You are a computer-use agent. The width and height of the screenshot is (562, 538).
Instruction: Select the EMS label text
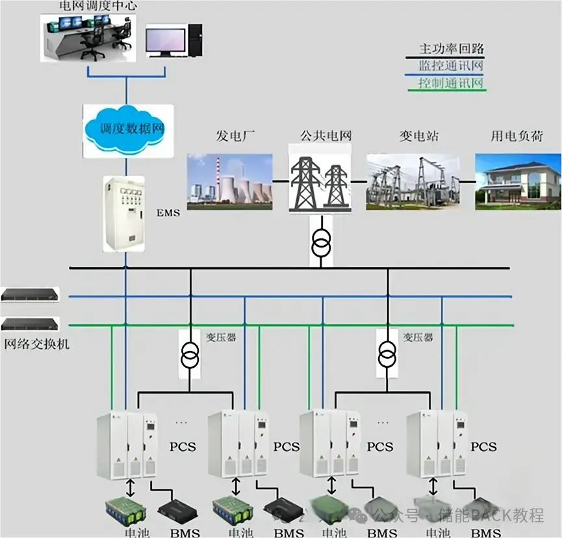coord(168,212)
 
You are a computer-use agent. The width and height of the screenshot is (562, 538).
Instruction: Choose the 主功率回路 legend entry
coord(452,49)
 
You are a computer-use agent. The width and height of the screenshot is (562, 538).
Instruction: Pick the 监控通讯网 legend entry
coord(452,66)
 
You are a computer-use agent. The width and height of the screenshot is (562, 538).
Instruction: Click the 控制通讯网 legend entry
coord(452,83)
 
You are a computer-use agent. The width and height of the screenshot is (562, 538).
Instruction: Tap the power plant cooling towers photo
coord(229,181)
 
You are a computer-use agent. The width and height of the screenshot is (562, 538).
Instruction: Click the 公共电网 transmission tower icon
coord(319,178)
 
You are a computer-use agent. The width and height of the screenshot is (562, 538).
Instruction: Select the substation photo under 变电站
coord(412,181)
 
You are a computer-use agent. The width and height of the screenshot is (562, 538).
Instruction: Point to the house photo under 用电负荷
coord(517,181)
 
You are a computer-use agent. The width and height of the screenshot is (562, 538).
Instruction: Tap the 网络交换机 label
coord(36,344)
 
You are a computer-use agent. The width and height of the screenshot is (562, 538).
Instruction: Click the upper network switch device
coord(30,294)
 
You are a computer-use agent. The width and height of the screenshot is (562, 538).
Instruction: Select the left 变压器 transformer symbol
coord(190,356)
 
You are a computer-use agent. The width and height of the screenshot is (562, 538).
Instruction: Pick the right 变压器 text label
coord(418,337)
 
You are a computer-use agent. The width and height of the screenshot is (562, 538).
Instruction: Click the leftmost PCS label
coord(183,447)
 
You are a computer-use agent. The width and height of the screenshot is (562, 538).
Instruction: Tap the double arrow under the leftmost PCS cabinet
coord(131,486)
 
